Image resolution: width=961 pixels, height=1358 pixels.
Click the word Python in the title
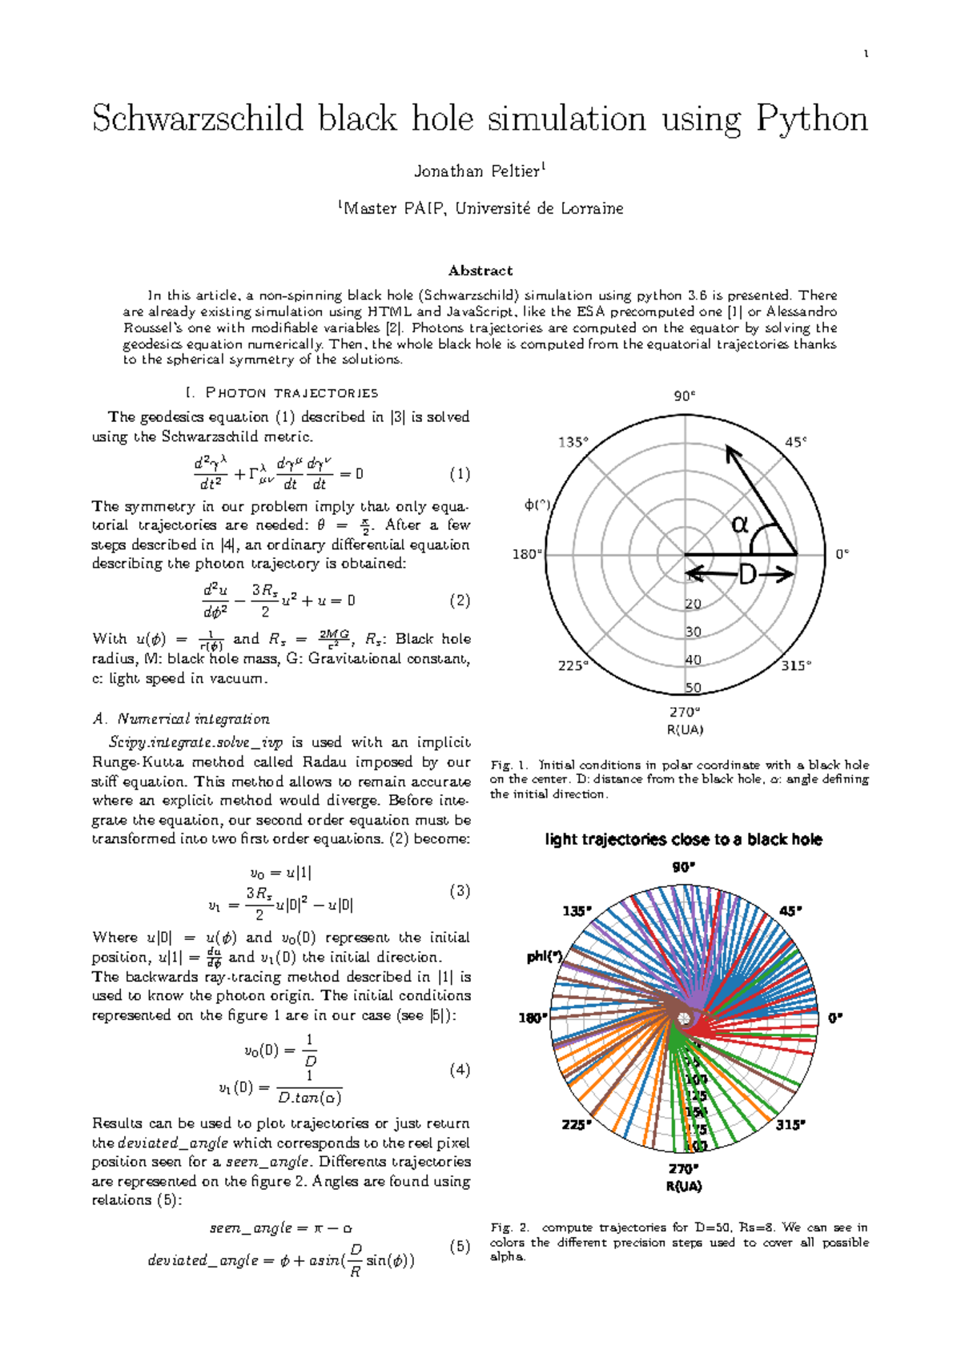811,119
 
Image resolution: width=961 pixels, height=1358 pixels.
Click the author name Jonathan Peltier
477,171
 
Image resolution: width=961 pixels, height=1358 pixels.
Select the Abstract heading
480,271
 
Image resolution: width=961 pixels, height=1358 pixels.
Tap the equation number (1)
460,474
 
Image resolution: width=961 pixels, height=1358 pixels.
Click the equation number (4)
460,1070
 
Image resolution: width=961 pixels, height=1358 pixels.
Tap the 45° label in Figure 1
795,442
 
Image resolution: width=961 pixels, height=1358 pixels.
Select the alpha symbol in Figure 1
741,524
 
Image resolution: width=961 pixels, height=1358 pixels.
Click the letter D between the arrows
746,575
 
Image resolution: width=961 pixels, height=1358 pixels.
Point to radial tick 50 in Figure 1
694,688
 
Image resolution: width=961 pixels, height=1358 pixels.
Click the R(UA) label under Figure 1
685,729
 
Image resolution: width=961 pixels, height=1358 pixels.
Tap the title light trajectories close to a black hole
683,839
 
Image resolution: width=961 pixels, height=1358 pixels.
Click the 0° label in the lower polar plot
835,1018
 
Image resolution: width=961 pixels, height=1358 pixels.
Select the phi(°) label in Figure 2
545,957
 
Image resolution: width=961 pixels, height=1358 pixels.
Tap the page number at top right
866,54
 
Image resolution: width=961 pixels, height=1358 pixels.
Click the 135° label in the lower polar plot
577,911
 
